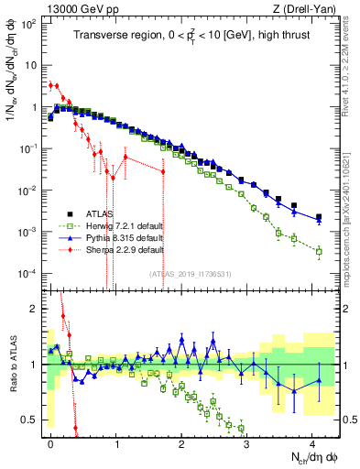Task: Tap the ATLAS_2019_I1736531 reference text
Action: coord(191,273)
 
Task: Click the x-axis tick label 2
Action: coord(181,442)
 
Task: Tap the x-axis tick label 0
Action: coord(51,442)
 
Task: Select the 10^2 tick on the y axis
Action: coord(27,24)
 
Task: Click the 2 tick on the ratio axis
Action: coord(33,309)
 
